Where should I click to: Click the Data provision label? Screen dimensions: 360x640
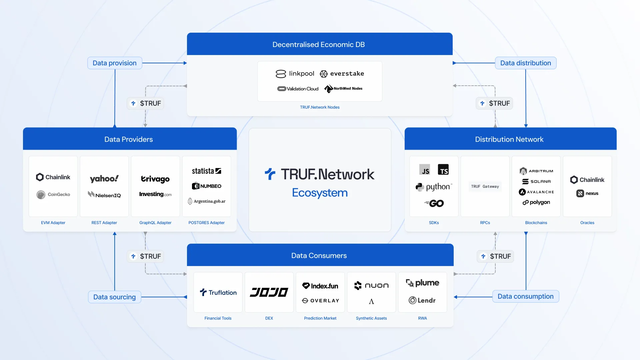115,63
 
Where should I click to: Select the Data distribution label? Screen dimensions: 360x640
525,63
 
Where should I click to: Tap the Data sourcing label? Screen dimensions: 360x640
114,297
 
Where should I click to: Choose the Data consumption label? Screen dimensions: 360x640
525,296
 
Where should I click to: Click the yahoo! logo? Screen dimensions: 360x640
104,179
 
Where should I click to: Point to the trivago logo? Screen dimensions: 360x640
155,179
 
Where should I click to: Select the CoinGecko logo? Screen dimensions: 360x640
53,194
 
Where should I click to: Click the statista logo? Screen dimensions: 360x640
206,171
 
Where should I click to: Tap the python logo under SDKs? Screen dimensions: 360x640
434,187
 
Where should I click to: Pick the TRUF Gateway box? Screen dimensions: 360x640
485,187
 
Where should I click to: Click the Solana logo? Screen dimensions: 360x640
536,181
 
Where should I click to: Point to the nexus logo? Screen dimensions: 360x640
587,193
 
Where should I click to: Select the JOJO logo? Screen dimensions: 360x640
269,292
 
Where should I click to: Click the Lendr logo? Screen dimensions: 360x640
422,300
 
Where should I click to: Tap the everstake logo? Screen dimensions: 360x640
342,74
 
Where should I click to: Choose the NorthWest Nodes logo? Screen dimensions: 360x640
343,89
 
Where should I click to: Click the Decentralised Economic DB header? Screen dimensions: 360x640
319,44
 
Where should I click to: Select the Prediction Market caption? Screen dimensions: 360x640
320,318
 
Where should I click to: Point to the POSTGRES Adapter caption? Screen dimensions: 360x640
206,223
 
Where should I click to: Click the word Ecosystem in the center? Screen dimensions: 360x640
320,193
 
